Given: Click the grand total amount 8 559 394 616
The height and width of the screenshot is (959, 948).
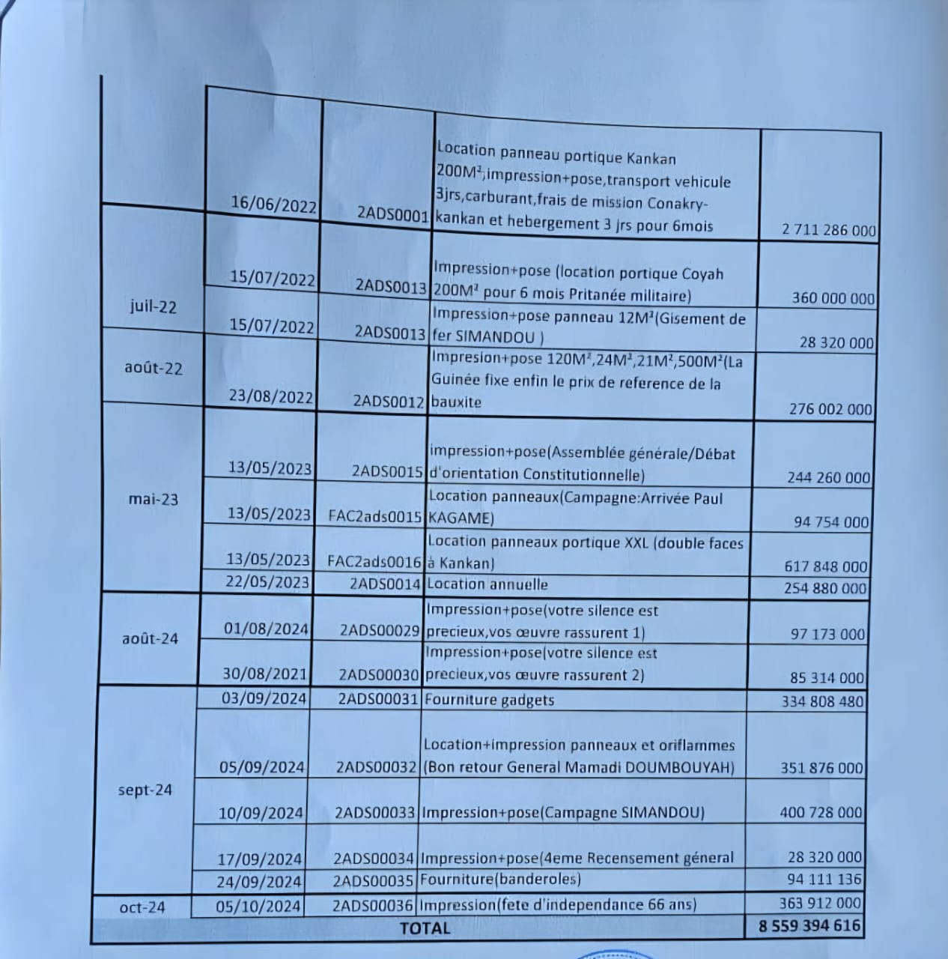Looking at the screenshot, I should [x=809, y=925].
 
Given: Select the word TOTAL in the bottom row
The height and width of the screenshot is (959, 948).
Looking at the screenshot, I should [x=425, y=928].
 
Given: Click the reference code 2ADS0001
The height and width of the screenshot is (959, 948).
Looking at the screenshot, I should [x=392, y=214].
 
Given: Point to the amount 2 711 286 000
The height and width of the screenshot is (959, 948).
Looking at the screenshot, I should [x=828, y=230].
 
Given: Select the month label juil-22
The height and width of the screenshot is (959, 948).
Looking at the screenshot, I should [x=152, y=306].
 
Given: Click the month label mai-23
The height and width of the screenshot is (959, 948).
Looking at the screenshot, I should [x=154, y=499].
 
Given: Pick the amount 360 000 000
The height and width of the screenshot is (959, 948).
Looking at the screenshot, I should [x=833, y=298].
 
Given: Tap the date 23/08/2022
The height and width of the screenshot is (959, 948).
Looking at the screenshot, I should [x=270, y=397].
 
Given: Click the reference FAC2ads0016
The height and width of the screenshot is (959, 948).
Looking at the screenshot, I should [x=375, y=560].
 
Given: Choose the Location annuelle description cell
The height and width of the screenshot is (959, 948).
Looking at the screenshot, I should [x=487, y=584].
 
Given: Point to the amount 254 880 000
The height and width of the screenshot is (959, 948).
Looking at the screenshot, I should [x=825, y=588].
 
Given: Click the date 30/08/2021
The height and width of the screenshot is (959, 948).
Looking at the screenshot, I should [x=265, y=674].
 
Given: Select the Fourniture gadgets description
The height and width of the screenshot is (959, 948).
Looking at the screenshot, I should [x=489, y=700].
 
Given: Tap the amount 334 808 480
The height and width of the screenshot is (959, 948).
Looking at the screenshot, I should [x=821, y=702].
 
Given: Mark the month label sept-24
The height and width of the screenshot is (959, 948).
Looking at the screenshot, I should [x=145, y=790].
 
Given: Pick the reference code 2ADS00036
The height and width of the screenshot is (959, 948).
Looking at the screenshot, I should [x=374, y=904].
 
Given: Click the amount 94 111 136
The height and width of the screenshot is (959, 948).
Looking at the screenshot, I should [x=824, y=879].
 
